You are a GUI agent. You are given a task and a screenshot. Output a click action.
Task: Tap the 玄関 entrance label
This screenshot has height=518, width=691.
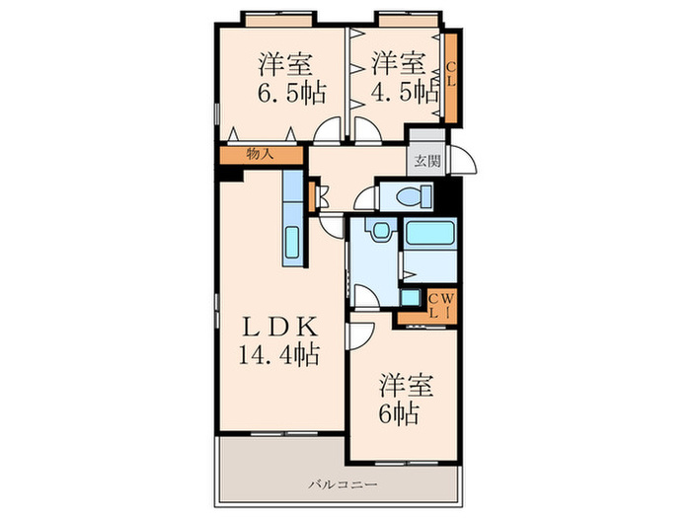(426, 161)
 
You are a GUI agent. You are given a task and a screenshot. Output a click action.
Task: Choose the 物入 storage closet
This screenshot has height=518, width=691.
(260, 155)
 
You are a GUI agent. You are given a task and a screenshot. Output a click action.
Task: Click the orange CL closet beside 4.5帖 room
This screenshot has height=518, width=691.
(450, 77)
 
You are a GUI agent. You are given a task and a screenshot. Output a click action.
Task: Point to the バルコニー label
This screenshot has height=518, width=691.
(339, 484)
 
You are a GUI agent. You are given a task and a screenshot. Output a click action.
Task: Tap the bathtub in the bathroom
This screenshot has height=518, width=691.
(428, 235)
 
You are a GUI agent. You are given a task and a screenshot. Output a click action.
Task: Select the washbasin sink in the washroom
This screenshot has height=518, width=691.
(377, 231)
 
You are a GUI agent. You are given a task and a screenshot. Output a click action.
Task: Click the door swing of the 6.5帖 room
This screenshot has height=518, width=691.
(329, 134)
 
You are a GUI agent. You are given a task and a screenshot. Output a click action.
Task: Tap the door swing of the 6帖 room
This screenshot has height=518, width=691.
(358, 335)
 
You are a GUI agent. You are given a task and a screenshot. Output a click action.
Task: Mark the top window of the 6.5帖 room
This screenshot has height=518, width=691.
(280, 17)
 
